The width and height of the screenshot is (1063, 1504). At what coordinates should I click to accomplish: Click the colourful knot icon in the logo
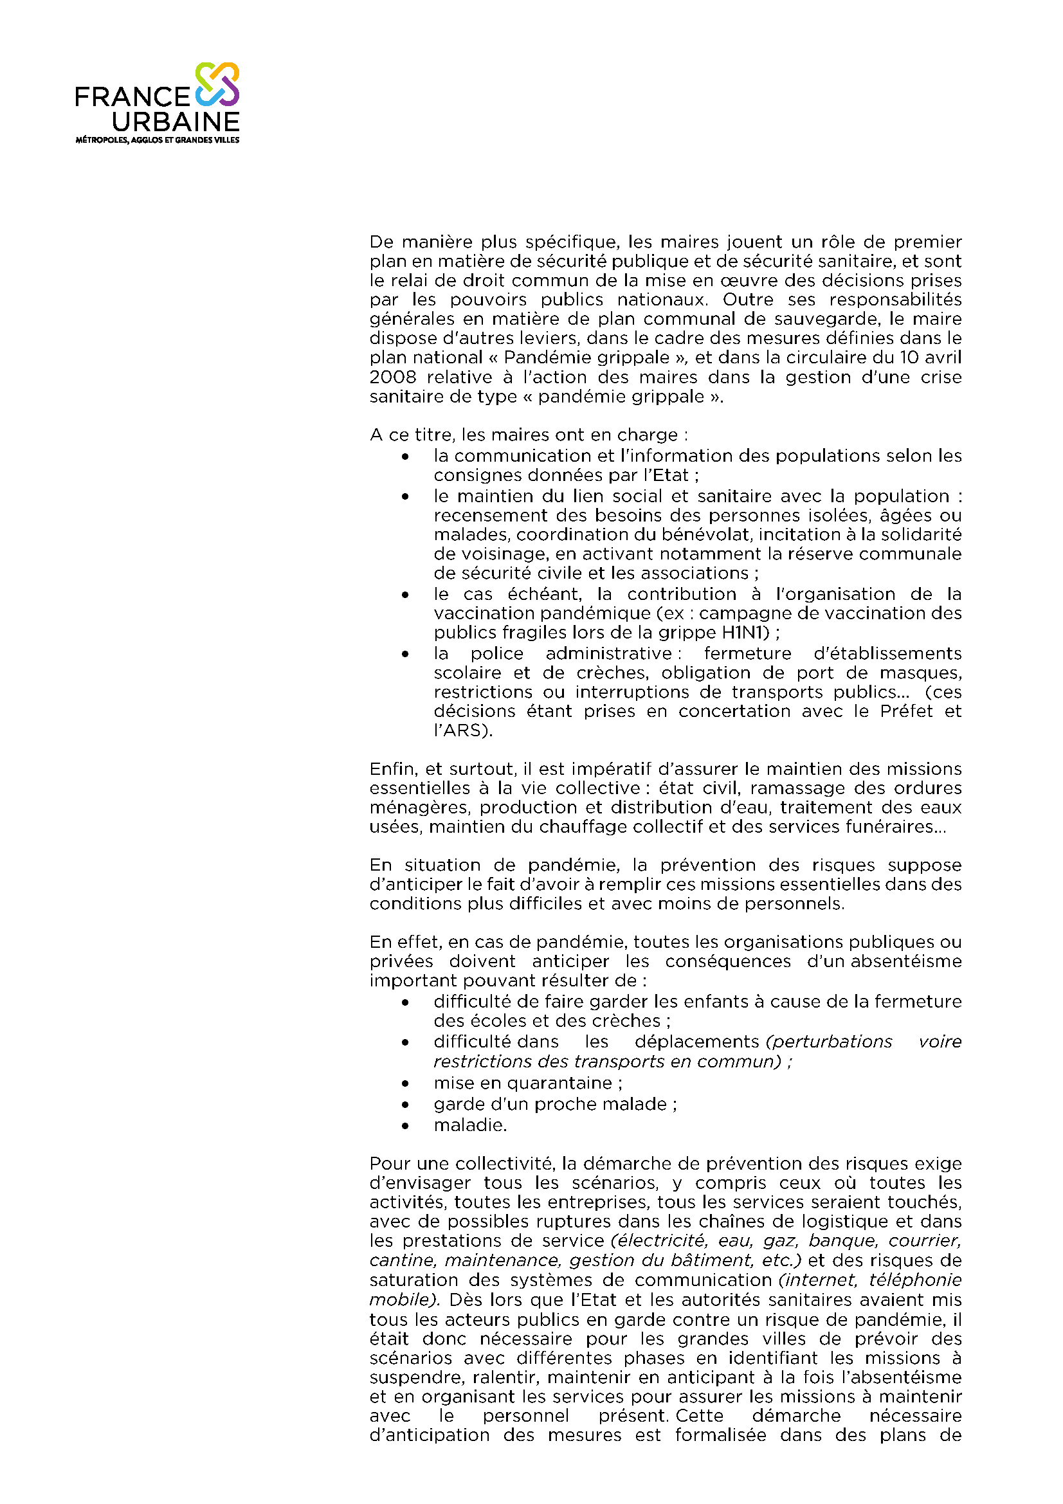[x=217, y=84]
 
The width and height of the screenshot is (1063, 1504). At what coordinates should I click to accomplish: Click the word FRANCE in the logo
[x=132, y=97]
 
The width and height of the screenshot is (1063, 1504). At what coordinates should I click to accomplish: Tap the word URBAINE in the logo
[x=176, y=122]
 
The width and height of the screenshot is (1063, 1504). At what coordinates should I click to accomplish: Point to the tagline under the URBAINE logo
[x=157, y=140]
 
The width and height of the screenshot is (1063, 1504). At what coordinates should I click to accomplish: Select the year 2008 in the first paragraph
[x=392, y=377]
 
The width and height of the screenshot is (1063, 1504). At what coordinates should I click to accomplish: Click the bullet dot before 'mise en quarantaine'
[x=406, y=1084]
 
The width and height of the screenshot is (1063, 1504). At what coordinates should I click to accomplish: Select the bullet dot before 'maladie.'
[x=406, y=1126]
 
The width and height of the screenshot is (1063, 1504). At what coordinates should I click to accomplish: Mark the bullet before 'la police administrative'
[x=406, y=654]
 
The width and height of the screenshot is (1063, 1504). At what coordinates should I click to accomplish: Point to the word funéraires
[x=895, y=827]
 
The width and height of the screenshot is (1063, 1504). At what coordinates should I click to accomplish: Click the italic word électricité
[x=661, y=1240]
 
